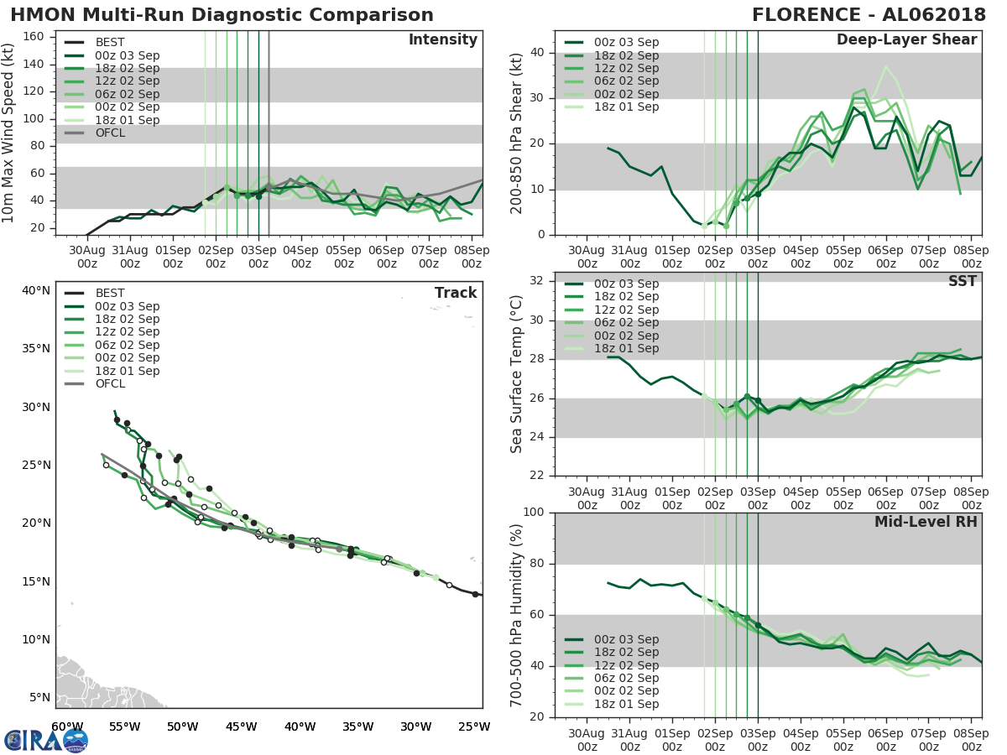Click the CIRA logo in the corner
coord(45,739)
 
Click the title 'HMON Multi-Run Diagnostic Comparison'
coord(222,15)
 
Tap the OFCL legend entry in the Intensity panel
coord(111,133)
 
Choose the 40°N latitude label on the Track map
coord(36,291)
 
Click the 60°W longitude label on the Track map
coord(67,726)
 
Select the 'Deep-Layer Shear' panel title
coord(906,40)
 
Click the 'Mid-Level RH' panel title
coord(926,522)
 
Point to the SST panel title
coord(963,281)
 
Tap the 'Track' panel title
coord(456,293)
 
